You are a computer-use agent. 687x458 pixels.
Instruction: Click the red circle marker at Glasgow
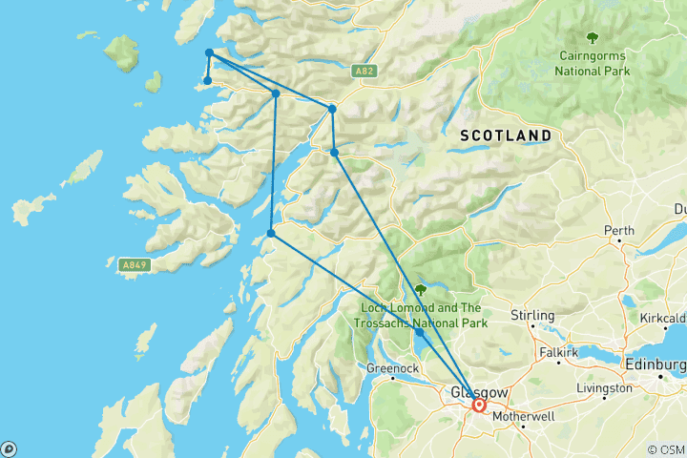tap(479, 405)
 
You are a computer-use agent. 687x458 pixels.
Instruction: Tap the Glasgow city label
tap(473, 392)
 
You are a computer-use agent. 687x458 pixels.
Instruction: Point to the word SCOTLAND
tap(506, 135)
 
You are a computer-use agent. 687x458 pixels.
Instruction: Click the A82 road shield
tap(362, 72)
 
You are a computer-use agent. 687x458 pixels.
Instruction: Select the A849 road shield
tap(135, 263)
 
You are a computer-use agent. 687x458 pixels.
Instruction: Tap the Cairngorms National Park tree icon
tap(593, 38)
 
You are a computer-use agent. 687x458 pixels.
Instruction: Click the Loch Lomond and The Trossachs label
tap(425, 315)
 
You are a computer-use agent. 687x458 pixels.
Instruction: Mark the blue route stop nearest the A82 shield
tap(331, 109)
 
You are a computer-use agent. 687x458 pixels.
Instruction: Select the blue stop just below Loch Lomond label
tap(420, 333)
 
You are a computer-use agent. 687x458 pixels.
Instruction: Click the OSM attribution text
tap(664, 448)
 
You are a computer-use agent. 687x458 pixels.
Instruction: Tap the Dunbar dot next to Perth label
tap(620, 241)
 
